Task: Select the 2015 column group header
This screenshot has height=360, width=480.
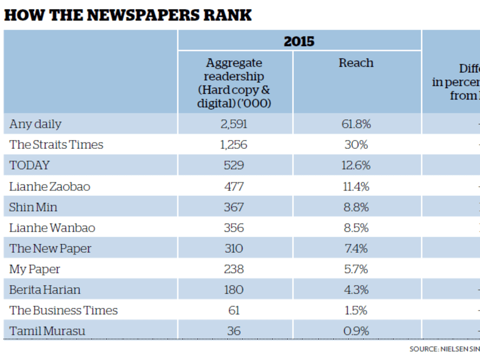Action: (x=299, y=41)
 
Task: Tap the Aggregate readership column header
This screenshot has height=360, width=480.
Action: (x=234, y=83)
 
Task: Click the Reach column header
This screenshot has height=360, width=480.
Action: (x=356, y=63)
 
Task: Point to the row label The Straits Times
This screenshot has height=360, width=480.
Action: (x=56, y=145)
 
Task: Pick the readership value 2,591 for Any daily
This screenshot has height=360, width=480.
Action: (x=234, y=124)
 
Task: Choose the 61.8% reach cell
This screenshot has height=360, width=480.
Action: (x=356, y=124)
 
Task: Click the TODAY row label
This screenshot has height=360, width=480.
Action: (x=29, y=166)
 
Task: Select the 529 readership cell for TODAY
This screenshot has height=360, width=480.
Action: (x=234, y=166)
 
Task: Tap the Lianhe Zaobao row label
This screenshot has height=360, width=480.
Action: (x=50, y=186)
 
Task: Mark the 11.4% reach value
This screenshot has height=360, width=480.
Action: (x=356, y=186)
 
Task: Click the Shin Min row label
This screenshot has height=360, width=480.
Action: (x=33, y=207)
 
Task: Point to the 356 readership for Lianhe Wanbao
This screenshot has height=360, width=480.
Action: (x=234, y=228)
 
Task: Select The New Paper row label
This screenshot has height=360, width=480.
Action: (x=50, y=249)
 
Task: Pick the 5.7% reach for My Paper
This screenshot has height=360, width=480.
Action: (x=356, y=269)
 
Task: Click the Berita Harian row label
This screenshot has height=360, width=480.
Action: (x=45, y=290)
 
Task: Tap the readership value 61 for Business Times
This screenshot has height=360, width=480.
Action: (x=234, y=311)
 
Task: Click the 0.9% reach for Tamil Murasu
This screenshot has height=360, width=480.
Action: (x=356, y=331)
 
